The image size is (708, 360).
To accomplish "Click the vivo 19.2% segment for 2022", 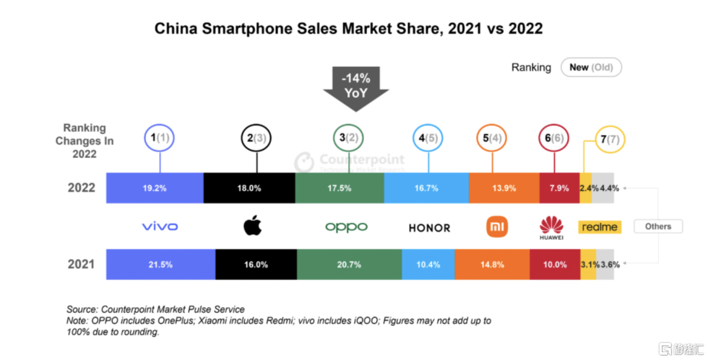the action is click(x=155, y=188).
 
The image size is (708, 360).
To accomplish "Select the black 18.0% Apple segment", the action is click(x=249, y=188).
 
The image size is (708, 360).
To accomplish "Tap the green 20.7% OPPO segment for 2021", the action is click(x=349, y=264).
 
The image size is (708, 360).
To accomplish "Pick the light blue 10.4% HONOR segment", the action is click(x=428, y=264).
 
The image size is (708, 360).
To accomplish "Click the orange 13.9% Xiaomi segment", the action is click(x=504, y=188).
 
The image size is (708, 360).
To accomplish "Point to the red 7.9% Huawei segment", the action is click(x=559, y=188).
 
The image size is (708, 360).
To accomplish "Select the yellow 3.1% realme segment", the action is click(x=588, y=264).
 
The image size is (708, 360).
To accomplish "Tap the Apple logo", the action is click(x=252, y=226).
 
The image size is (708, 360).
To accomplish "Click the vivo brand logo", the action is click(x=160, y=226).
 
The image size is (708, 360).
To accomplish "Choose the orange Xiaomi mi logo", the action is click(x=497, y=227).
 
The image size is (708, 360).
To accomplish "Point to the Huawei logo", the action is click(x=551, y=228).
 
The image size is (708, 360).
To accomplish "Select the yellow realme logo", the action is click(x=600, y=227).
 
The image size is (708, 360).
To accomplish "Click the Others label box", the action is click(x=658, y=226).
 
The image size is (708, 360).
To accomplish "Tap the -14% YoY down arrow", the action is click(x=356, y=89).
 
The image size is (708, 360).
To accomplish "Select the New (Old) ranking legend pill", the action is click(x=591, y=68).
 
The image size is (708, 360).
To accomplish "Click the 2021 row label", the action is click(x=81, y=264).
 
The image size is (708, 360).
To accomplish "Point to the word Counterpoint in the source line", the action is click(x=127, y=310).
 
